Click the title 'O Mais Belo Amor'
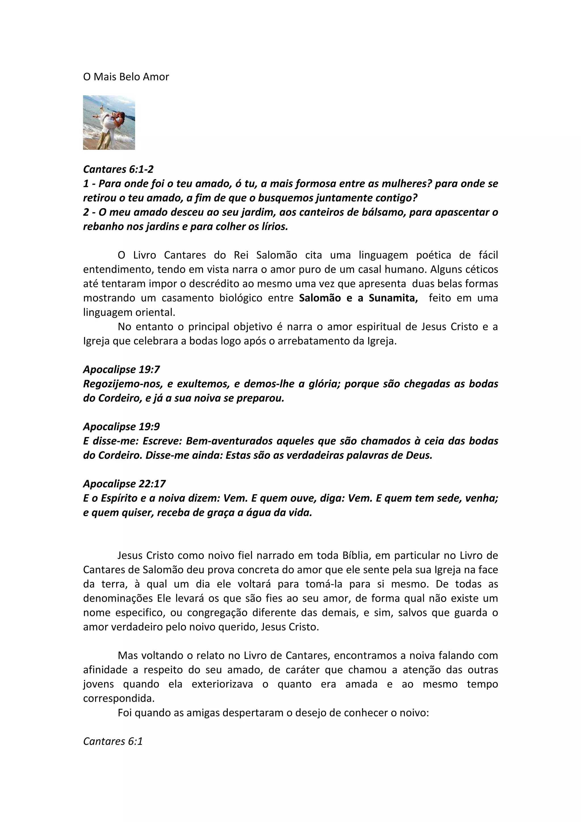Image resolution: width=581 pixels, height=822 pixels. (126, 77)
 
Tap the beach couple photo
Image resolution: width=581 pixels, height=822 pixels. (109, 123)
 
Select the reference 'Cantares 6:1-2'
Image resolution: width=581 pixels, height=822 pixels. (118, 169)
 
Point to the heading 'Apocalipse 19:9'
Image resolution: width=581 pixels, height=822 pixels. (121, 426)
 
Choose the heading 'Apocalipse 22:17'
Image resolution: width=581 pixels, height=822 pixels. (124, 484)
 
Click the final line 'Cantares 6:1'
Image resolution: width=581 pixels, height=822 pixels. (113, 741)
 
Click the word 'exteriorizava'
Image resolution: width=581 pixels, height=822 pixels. (222, 684)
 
